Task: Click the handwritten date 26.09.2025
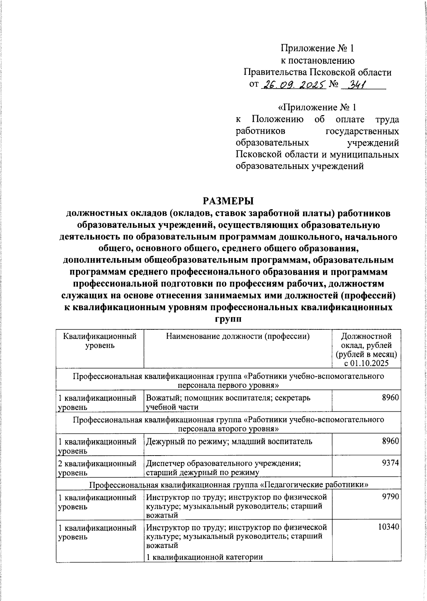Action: [293, 85]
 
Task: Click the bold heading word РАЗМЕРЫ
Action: [228, 201]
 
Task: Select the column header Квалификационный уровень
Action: [100, 340]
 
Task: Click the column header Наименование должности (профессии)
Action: [238, 336]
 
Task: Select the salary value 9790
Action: [390, 497]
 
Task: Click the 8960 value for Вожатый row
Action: [390, 398]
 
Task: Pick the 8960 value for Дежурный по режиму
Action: [390, 441]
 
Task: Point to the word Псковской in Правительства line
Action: [333, 72]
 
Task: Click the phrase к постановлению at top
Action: [317, 60]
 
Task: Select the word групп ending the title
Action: [228, 319]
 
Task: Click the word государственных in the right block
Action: [362, 131]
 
